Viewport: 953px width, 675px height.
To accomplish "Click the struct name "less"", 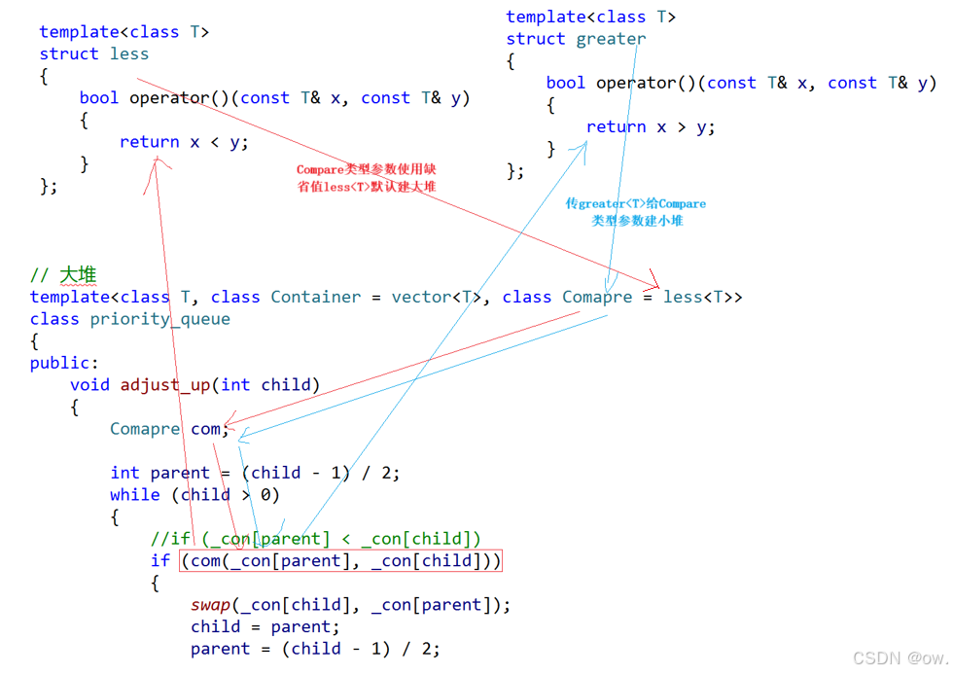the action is coord(128,54).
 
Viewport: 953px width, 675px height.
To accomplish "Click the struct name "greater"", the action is coord(611,39).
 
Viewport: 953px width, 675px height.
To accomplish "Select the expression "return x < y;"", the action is coord(184,142).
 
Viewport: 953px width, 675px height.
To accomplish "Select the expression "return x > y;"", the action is coord(651,127).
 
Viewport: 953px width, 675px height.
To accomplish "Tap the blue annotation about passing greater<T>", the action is coord(636,212).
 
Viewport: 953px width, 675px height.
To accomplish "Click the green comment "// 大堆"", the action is coord(63,275).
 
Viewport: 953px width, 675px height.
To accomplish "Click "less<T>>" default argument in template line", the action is coord(702,297).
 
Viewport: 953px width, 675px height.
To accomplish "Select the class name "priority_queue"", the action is coord(160,319).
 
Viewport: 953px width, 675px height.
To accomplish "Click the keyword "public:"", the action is coord(64,363).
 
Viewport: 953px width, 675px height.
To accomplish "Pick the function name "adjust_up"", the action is coord(164,385).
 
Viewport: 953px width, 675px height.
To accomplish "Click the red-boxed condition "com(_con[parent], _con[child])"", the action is coord(340,560).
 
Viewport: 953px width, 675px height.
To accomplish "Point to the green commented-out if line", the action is coord(315,539).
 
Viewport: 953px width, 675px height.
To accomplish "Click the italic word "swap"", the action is coord(210,605).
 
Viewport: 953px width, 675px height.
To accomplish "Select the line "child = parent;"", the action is coord(265,626).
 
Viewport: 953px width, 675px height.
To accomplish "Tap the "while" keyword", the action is coord(134,495).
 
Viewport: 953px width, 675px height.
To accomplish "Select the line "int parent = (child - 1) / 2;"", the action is coord(255,473).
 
